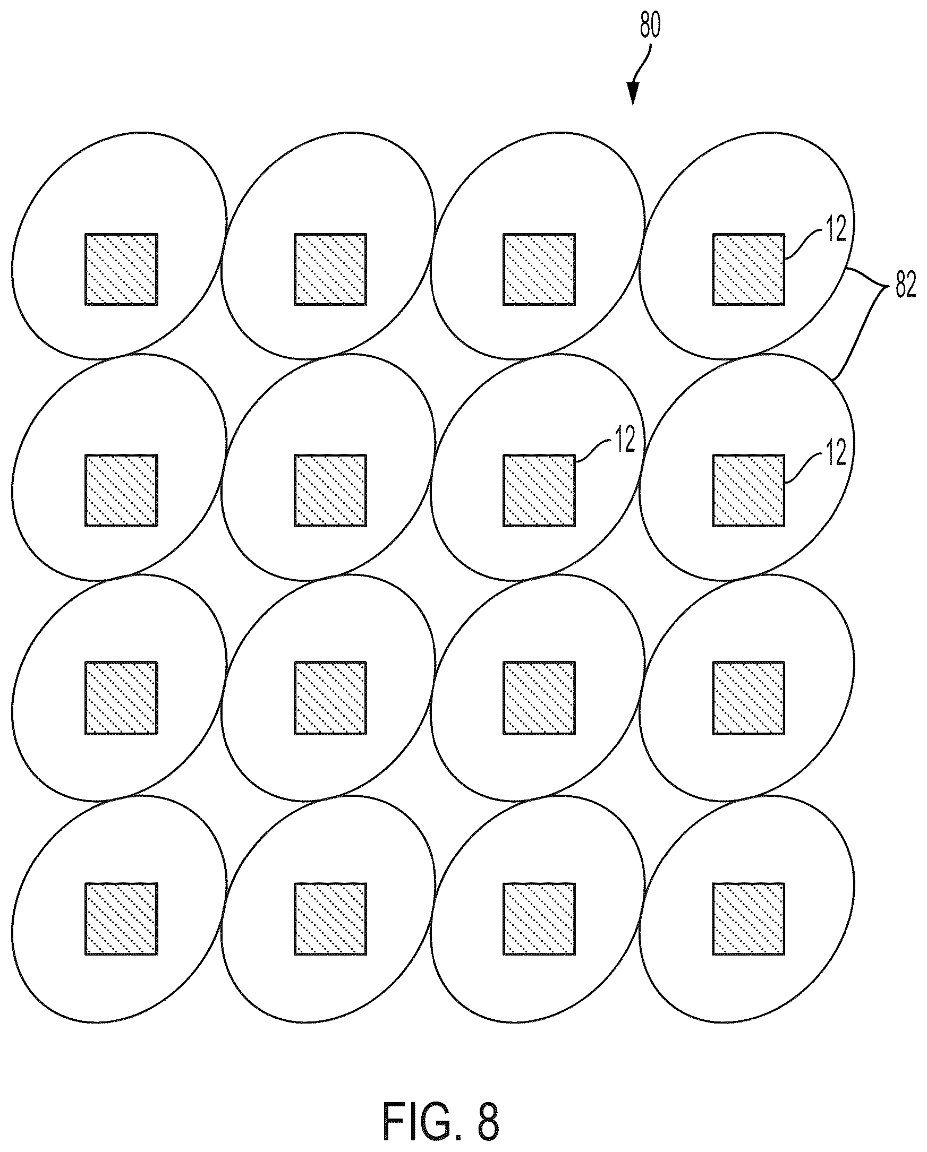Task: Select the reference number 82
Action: tap(905, 287)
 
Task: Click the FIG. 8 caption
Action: tap(441, 1117)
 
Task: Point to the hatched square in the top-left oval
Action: tap(121, 269)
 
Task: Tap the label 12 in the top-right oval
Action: tap(836, 229)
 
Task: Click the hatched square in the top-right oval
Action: tap(749, 269)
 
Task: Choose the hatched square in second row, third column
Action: tap(539, 491)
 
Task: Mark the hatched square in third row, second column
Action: tap(330, 698)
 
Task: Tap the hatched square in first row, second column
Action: tap(330, 269)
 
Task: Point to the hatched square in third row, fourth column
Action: tap(749, 698)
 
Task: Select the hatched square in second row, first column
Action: tap(121, 491)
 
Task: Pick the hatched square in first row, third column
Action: tap(539, 269)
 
